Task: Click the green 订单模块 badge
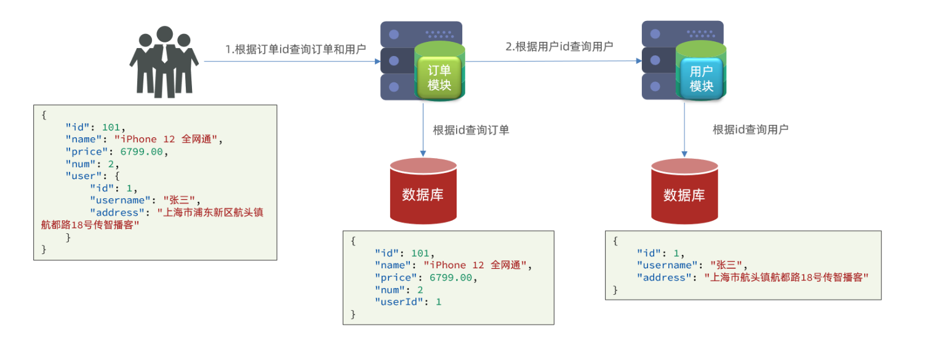click(x=439, y=78)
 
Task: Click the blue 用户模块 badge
click(x=701, y=78)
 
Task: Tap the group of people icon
click(x=164, y=62)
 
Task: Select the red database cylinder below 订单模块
click(x=423, y=191)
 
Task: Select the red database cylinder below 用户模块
click(x=684, y=191)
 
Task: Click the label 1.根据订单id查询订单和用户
click(x=295, y=50)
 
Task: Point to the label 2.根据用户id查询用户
click(x=559, y=47)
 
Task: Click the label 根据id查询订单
click(x=471, y=130)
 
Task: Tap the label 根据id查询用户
click(x=750, y=130)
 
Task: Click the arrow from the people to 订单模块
click(x=292, y=62)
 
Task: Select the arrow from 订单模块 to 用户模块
click(x=554, y=61)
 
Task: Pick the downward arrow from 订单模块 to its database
click(x=423, y=130)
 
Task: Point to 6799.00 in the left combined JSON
click(x=141, y=152)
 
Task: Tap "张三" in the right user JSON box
click(x=726, y=265)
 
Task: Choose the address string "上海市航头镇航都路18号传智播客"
click(x=787, y=278)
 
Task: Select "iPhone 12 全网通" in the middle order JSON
click(x=475, y=265)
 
